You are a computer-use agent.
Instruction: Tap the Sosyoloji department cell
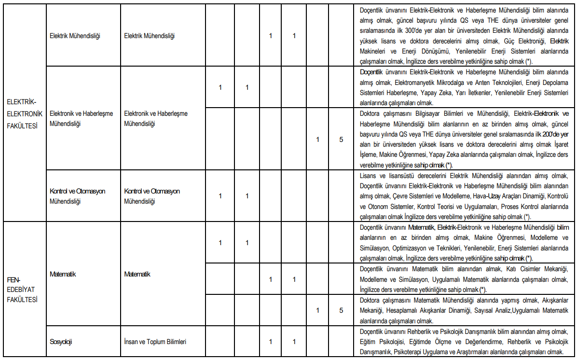pos(61,342)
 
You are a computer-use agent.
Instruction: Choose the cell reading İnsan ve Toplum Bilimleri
pos(155,342)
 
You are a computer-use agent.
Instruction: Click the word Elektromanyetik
pos(424,83)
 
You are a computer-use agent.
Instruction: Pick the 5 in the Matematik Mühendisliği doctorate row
pos(341,310)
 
